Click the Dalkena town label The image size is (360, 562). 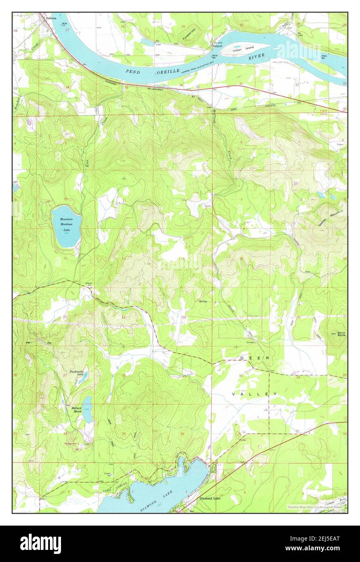point(51,18)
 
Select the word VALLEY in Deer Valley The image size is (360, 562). point(255,394)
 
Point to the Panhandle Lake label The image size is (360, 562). point(77,373)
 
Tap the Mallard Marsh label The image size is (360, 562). point(76,410)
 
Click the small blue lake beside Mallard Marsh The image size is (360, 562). point(87,409)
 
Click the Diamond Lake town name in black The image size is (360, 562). point(210,499)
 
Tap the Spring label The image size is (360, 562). point(203,301)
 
